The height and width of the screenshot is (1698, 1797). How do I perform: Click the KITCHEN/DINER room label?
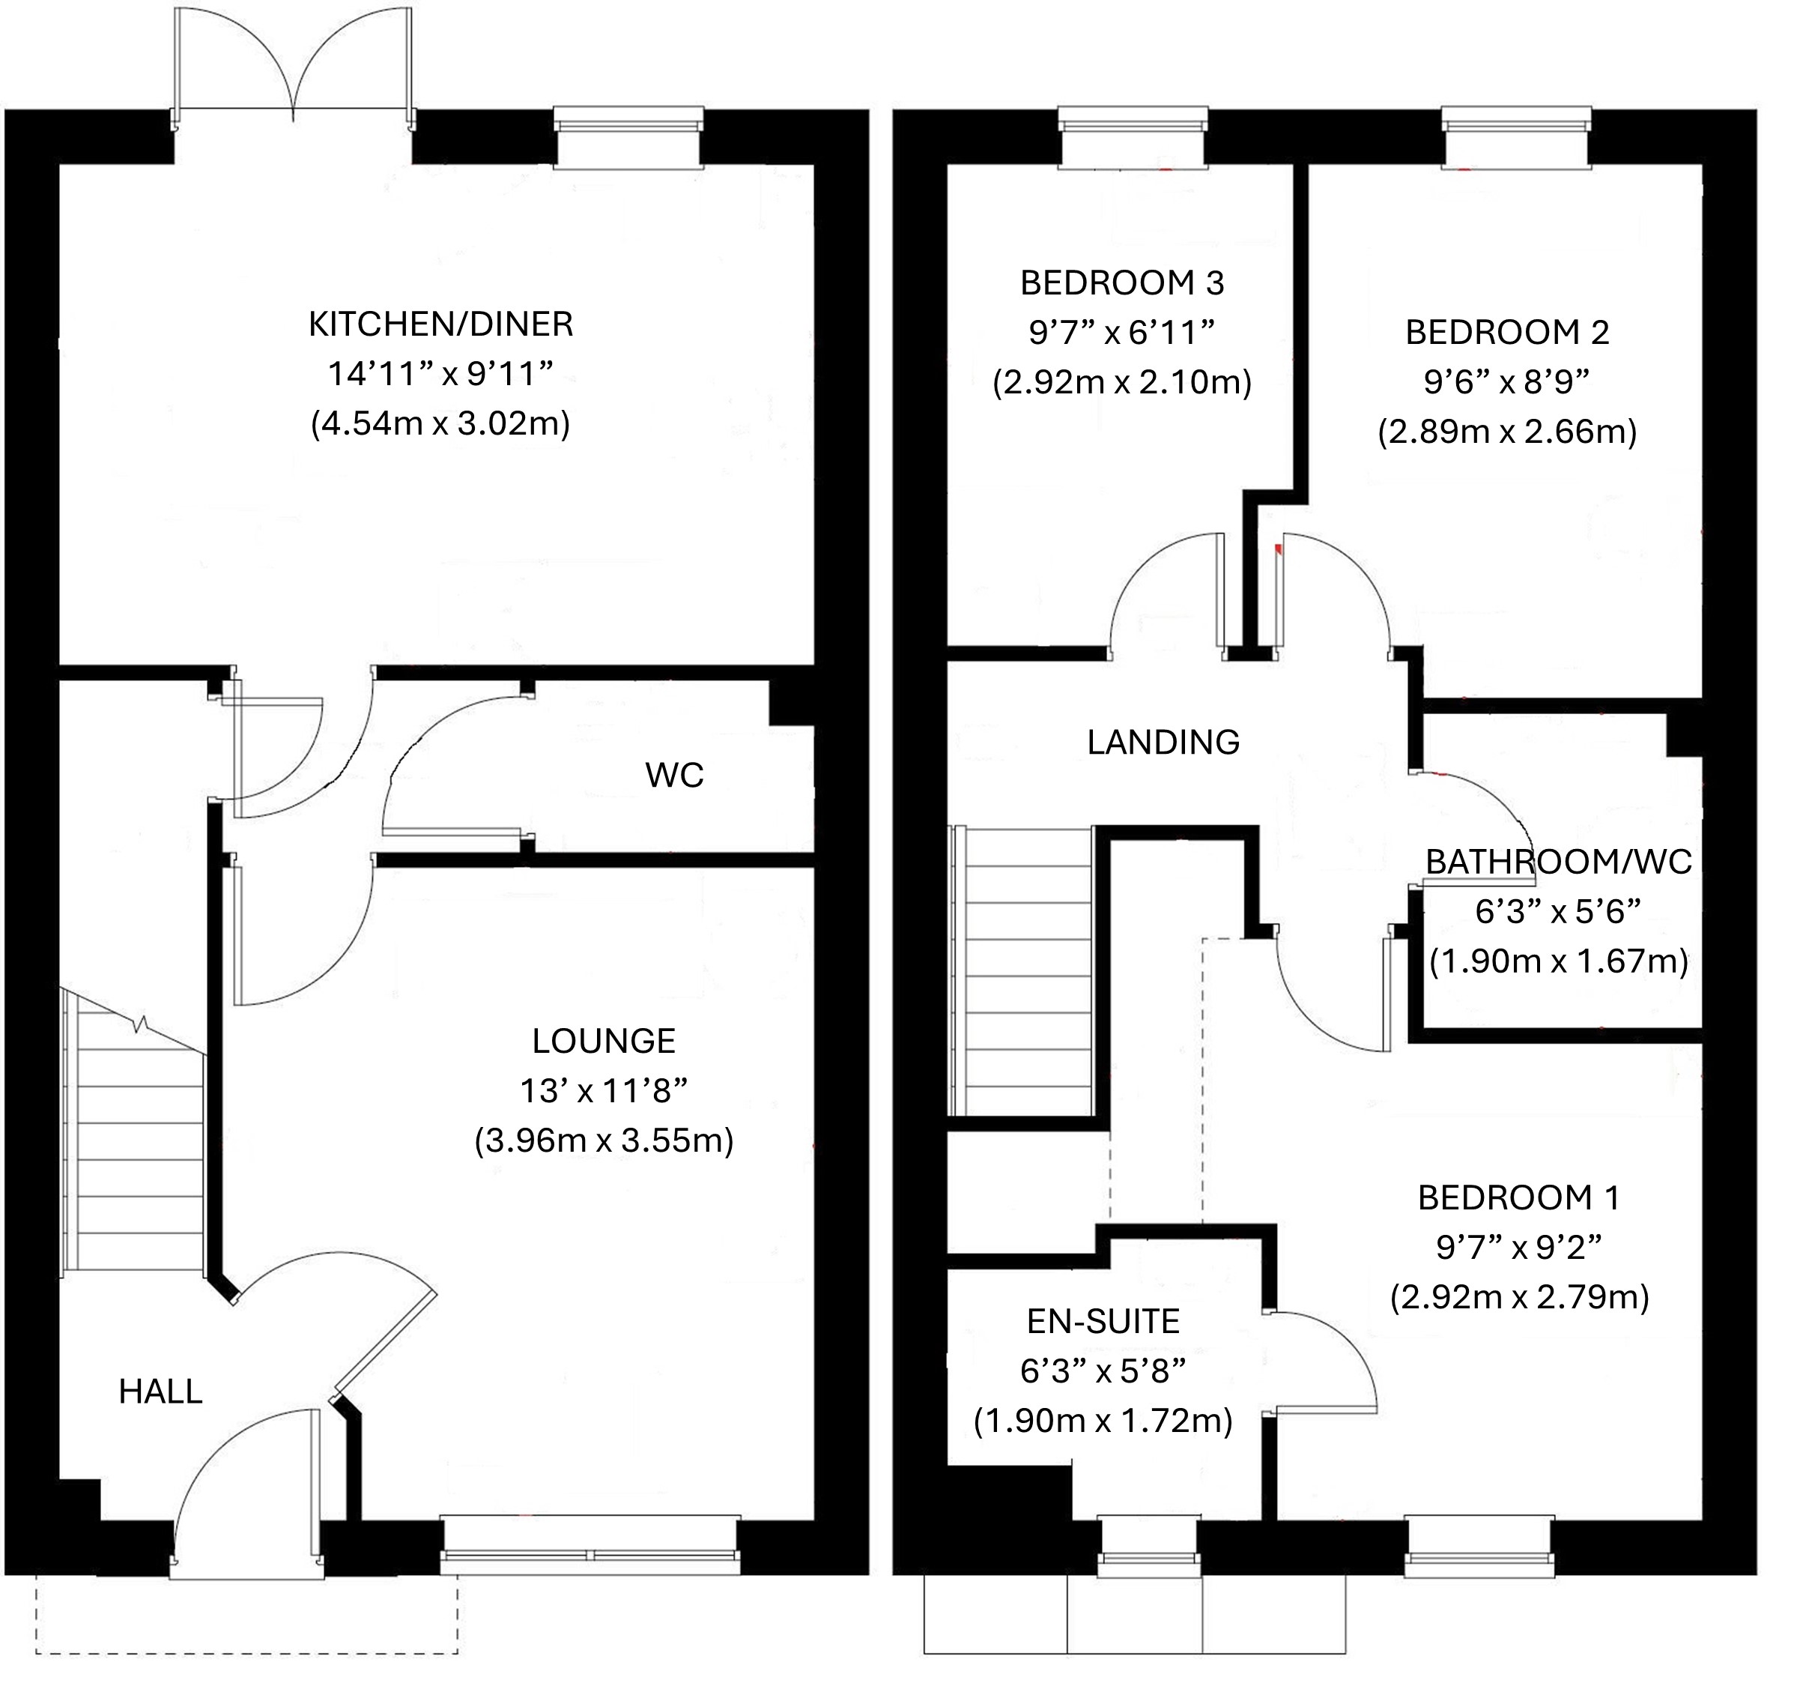pos(440,324)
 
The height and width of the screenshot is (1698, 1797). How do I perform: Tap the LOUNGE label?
pos(604,1041)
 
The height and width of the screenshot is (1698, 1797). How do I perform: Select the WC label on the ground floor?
pos(674,775)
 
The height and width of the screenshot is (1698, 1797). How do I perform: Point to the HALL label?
pos(160,1392)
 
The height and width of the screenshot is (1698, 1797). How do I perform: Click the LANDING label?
pos(1163,742)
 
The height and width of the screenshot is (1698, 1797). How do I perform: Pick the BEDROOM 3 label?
pos(1122,283)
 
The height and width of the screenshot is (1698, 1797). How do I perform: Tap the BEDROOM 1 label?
pos(1518,1197)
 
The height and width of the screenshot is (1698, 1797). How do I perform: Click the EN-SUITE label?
pos(1103,1322)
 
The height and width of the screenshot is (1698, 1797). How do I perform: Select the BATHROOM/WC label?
pos(1558,862)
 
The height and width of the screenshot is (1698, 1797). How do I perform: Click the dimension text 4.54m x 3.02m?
pos(440,423)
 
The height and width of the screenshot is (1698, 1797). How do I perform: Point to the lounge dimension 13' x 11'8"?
pos(604,1091)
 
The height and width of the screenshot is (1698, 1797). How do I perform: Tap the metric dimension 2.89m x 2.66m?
pos(1506,432)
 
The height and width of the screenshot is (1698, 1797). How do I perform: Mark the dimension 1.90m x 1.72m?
pos(1103,1421)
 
